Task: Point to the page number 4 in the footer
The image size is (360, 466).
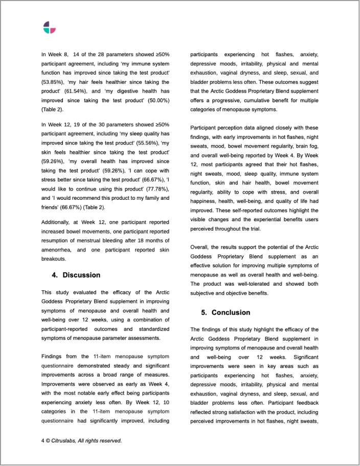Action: tap(43, 440)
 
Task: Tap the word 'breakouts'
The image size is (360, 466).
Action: tap(56, 260)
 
